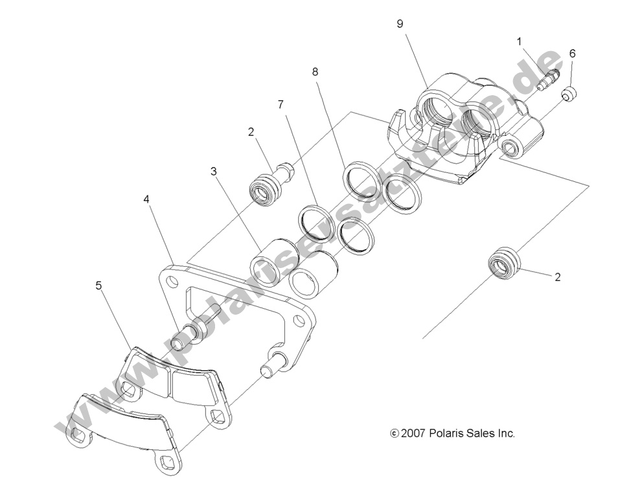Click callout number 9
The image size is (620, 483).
point(400,24)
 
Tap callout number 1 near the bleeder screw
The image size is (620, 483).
point(519,41)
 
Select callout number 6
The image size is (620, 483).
point(572,54)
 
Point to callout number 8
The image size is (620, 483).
point(315,72)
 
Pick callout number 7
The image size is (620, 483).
point(281,104)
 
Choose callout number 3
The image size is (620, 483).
point(213,172)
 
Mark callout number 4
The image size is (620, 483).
point(147,199)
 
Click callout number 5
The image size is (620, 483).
point(98,285)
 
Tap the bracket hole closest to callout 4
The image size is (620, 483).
point(169,282)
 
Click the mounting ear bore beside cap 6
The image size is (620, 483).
point(511,148)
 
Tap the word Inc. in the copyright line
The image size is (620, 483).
point(505,434)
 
